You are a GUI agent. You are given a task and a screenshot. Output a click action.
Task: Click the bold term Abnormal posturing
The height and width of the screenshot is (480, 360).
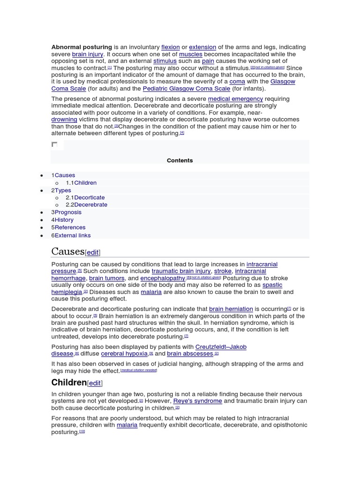click(x=82, y=47)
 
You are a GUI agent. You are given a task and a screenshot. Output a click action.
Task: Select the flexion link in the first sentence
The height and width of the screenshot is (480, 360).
click(x=170, y=47)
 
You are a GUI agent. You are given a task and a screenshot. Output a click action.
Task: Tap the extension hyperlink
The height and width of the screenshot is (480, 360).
click(x=202, y=47)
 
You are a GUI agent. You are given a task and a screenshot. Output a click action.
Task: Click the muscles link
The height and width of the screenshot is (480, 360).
click(x=191, y=54)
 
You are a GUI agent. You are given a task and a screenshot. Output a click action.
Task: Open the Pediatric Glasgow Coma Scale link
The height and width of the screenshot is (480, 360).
click(x=187, y=89)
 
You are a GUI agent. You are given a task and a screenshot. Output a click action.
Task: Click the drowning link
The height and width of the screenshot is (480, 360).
click(x=64, y=120)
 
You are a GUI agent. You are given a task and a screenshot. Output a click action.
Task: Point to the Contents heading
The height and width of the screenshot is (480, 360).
click(x=180, y=160)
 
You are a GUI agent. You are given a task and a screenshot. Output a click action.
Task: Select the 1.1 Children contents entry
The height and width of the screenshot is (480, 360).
click(x=81, y=183)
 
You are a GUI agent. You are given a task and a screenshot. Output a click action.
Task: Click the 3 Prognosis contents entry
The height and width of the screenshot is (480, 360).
click(x=67, y=212)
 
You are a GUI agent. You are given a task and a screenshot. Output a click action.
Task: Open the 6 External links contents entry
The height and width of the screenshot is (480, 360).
click(x=71, y=235)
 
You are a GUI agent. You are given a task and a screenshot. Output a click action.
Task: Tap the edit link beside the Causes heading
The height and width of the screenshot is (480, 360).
click(x=93, y=253)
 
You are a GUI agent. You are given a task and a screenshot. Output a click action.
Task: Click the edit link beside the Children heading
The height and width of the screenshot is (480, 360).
click(x=95, y=383)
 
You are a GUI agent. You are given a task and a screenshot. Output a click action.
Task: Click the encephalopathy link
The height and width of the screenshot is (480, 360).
click(x=163, y=278)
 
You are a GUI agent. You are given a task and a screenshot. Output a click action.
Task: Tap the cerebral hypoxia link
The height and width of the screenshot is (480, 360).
click(x=124, y=354)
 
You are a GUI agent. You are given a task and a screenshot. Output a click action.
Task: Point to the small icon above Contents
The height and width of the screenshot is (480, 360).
click(x=54, y=145)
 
